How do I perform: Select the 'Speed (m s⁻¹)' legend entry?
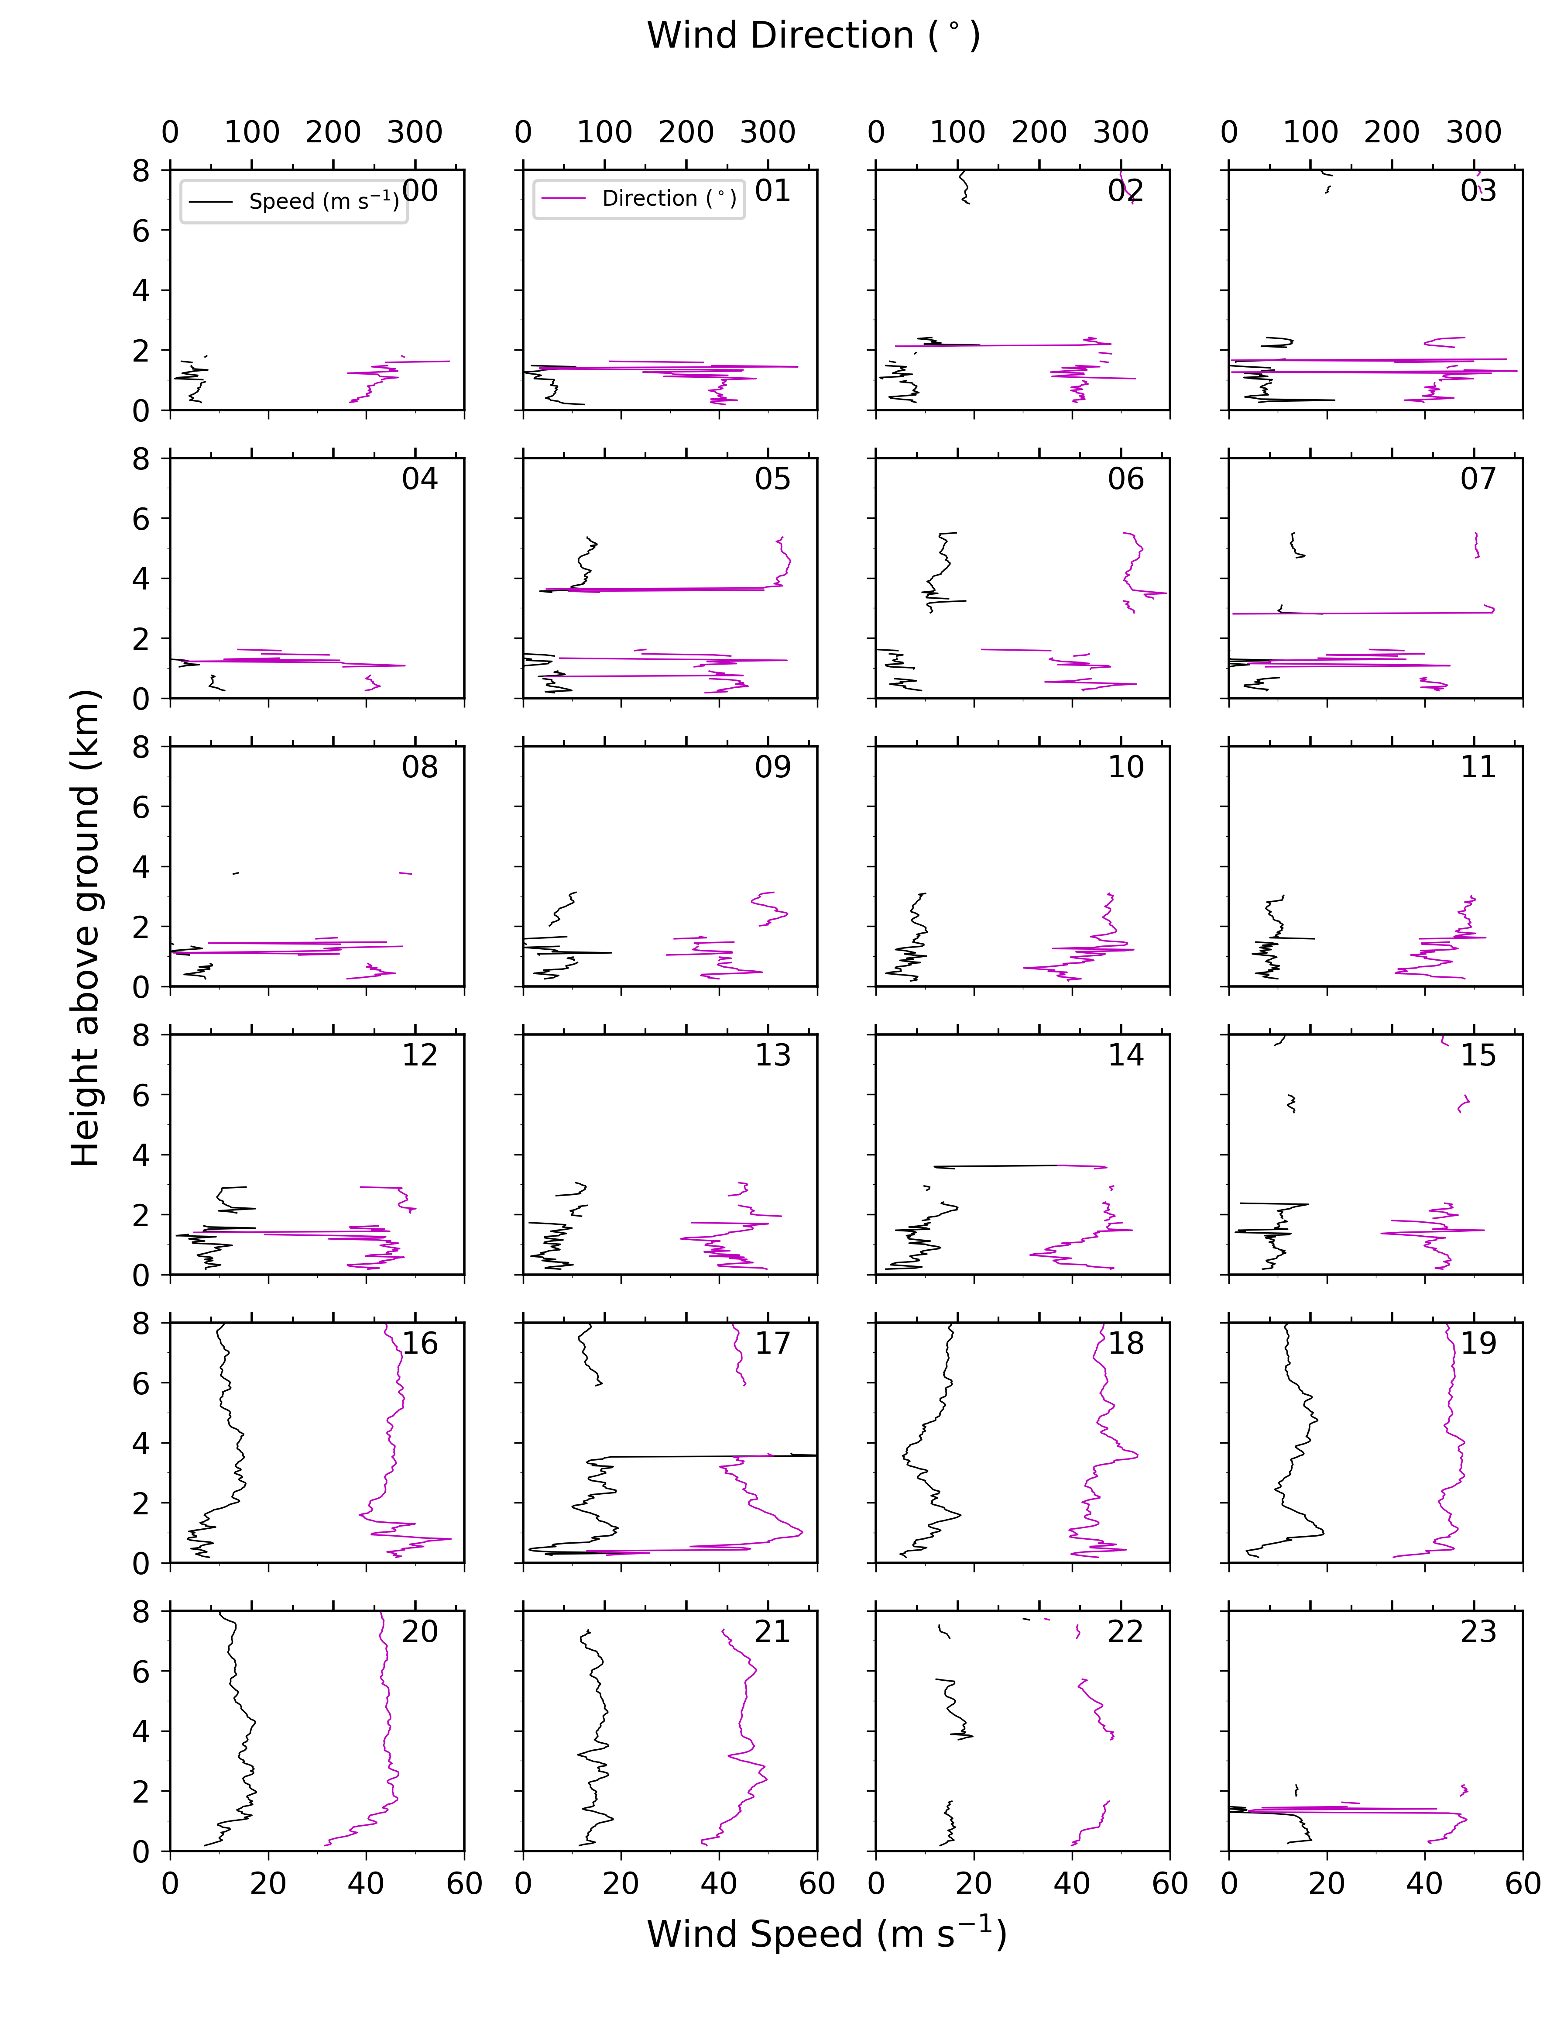pyautogui.click(x=323, y=201)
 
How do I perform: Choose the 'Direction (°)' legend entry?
pyautogui.click(x=669, y=198)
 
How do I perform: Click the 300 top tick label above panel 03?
pyautogui.click(x=1474, y=132)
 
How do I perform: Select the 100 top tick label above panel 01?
pyautogui.click(x=604, y=132)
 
